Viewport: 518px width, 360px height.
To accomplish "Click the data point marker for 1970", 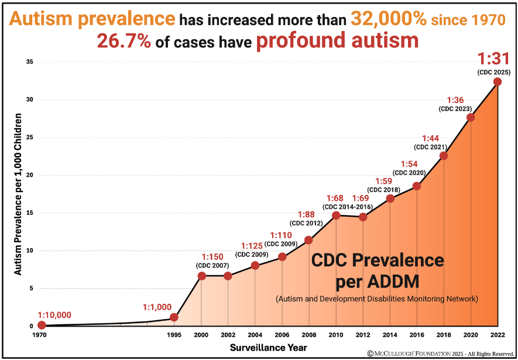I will (42, 325).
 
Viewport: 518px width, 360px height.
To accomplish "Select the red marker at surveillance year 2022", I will (498, 82).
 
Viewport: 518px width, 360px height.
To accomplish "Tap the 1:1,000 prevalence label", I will (157, 307).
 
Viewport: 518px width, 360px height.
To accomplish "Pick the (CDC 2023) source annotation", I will (455, 109).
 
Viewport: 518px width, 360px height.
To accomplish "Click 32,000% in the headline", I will (388, 19).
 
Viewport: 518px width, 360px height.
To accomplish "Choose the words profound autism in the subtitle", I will (337, 40).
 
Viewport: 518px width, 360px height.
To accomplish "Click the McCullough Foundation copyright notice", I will (441, 354).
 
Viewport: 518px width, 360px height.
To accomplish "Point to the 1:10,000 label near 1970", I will (54, 315).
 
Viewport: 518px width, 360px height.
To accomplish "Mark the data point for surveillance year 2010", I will (336, 215).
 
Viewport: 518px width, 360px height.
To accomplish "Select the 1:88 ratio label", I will (306, 214).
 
